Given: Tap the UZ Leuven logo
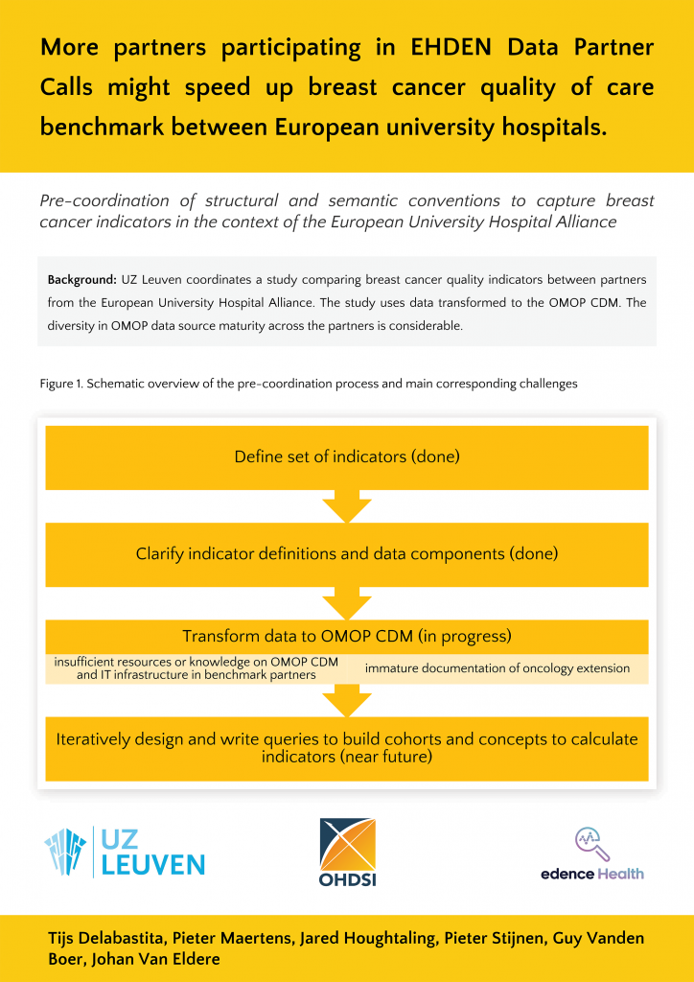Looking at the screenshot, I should click(x=124, y=851).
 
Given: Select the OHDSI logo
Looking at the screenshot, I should click(x=346, y=852).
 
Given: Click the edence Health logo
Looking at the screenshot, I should click(x=591, y=853).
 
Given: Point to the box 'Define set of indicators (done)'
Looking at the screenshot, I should click(x=347, y=456).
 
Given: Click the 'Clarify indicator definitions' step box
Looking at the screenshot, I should click(x=347, y=553).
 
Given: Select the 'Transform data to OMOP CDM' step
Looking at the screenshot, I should click(x=347, y=636).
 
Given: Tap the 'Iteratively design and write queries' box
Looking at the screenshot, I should click(x=347, y=748).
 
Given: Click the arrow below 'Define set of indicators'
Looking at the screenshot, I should click(x=347, y=505).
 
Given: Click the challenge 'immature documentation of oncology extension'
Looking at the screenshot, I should click(x=497, y=668).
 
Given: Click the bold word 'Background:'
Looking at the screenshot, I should click(x=81, y=279).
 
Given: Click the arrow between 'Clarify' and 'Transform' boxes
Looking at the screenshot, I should click(x=347, y=603).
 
